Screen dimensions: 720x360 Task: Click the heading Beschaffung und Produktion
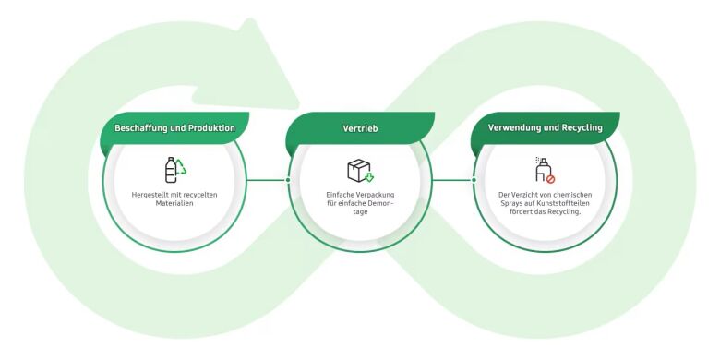click(174, 128)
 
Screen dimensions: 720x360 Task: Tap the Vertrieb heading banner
click(360, 128)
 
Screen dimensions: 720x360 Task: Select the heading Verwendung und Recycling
click(545, 127)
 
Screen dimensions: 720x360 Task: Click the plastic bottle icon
click(171, 170)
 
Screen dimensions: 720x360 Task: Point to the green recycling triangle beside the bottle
click(181, 167)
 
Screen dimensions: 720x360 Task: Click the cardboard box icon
click(359, 170)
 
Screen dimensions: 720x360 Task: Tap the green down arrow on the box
click(368, 177)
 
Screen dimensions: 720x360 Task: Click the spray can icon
click(543, 170)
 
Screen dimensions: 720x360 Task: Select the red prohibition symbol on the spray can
click(550, 179)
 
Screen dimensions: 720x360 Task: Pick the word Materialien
click(174, 203)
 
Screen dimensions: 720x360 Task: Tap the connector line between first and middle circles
click(267, 180)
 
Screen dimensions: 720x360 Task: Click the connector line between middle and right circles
click(452, 180)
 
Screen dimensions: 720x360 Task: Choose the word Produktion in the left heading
click(211, 128)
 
